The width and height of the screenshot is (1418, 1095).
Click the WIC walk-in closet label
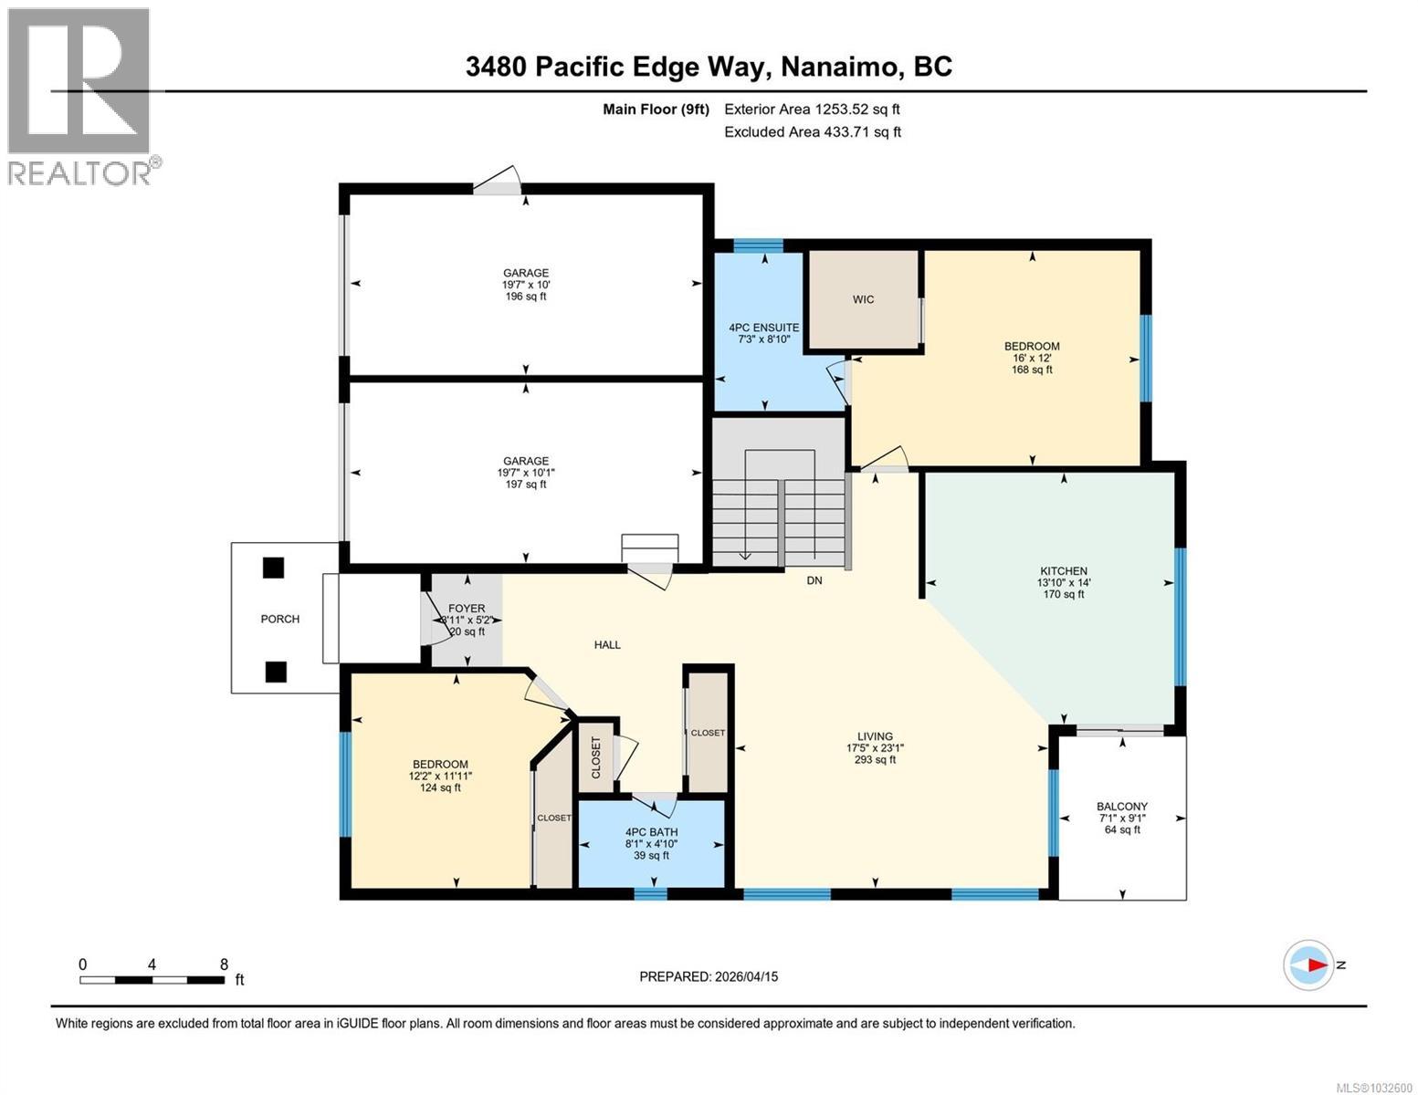pos(863,299)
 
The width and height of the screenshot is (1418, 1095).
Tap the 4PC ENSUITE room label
pos(763,328)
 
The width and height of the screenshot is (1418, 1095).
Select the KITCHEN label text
pos(1063,571)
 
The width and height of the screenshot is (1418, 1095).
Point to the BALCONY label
pos(1121,807)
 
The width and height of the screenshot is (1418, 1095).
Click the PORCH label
pos(279,619)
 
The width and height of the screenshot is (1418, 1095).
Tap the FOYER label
pos(467,609)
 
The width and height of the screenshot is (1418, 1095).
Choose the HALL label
pos(607,644)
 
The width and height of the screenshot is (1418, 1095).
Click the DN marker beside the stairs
pos(814,580)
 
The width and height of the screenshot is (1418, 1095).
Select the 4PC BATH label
pos(651,832)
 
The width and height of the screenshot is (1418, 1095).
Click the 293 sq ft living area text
pos(874,759)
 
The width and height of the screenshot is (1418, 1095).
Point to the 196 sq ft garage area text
pos(525,297)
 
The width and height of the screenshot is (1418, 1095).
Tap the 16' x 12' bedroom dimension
pos(1032,358)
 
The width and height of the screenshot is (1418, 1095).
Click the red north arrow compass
pos(1308,965)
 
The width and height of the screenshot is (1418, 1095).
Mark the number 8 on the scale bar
pos(224,965)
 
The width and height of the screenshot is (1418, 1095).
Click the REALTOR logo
pos(79,96)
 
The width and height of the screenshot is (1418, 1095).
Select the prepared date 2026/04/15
pos(744,976)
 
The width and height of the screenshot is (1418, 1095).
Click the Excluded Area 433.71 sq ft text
pos(813,131)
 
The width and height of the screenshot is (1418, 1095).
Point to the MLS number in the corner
pos(1375,1086)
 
